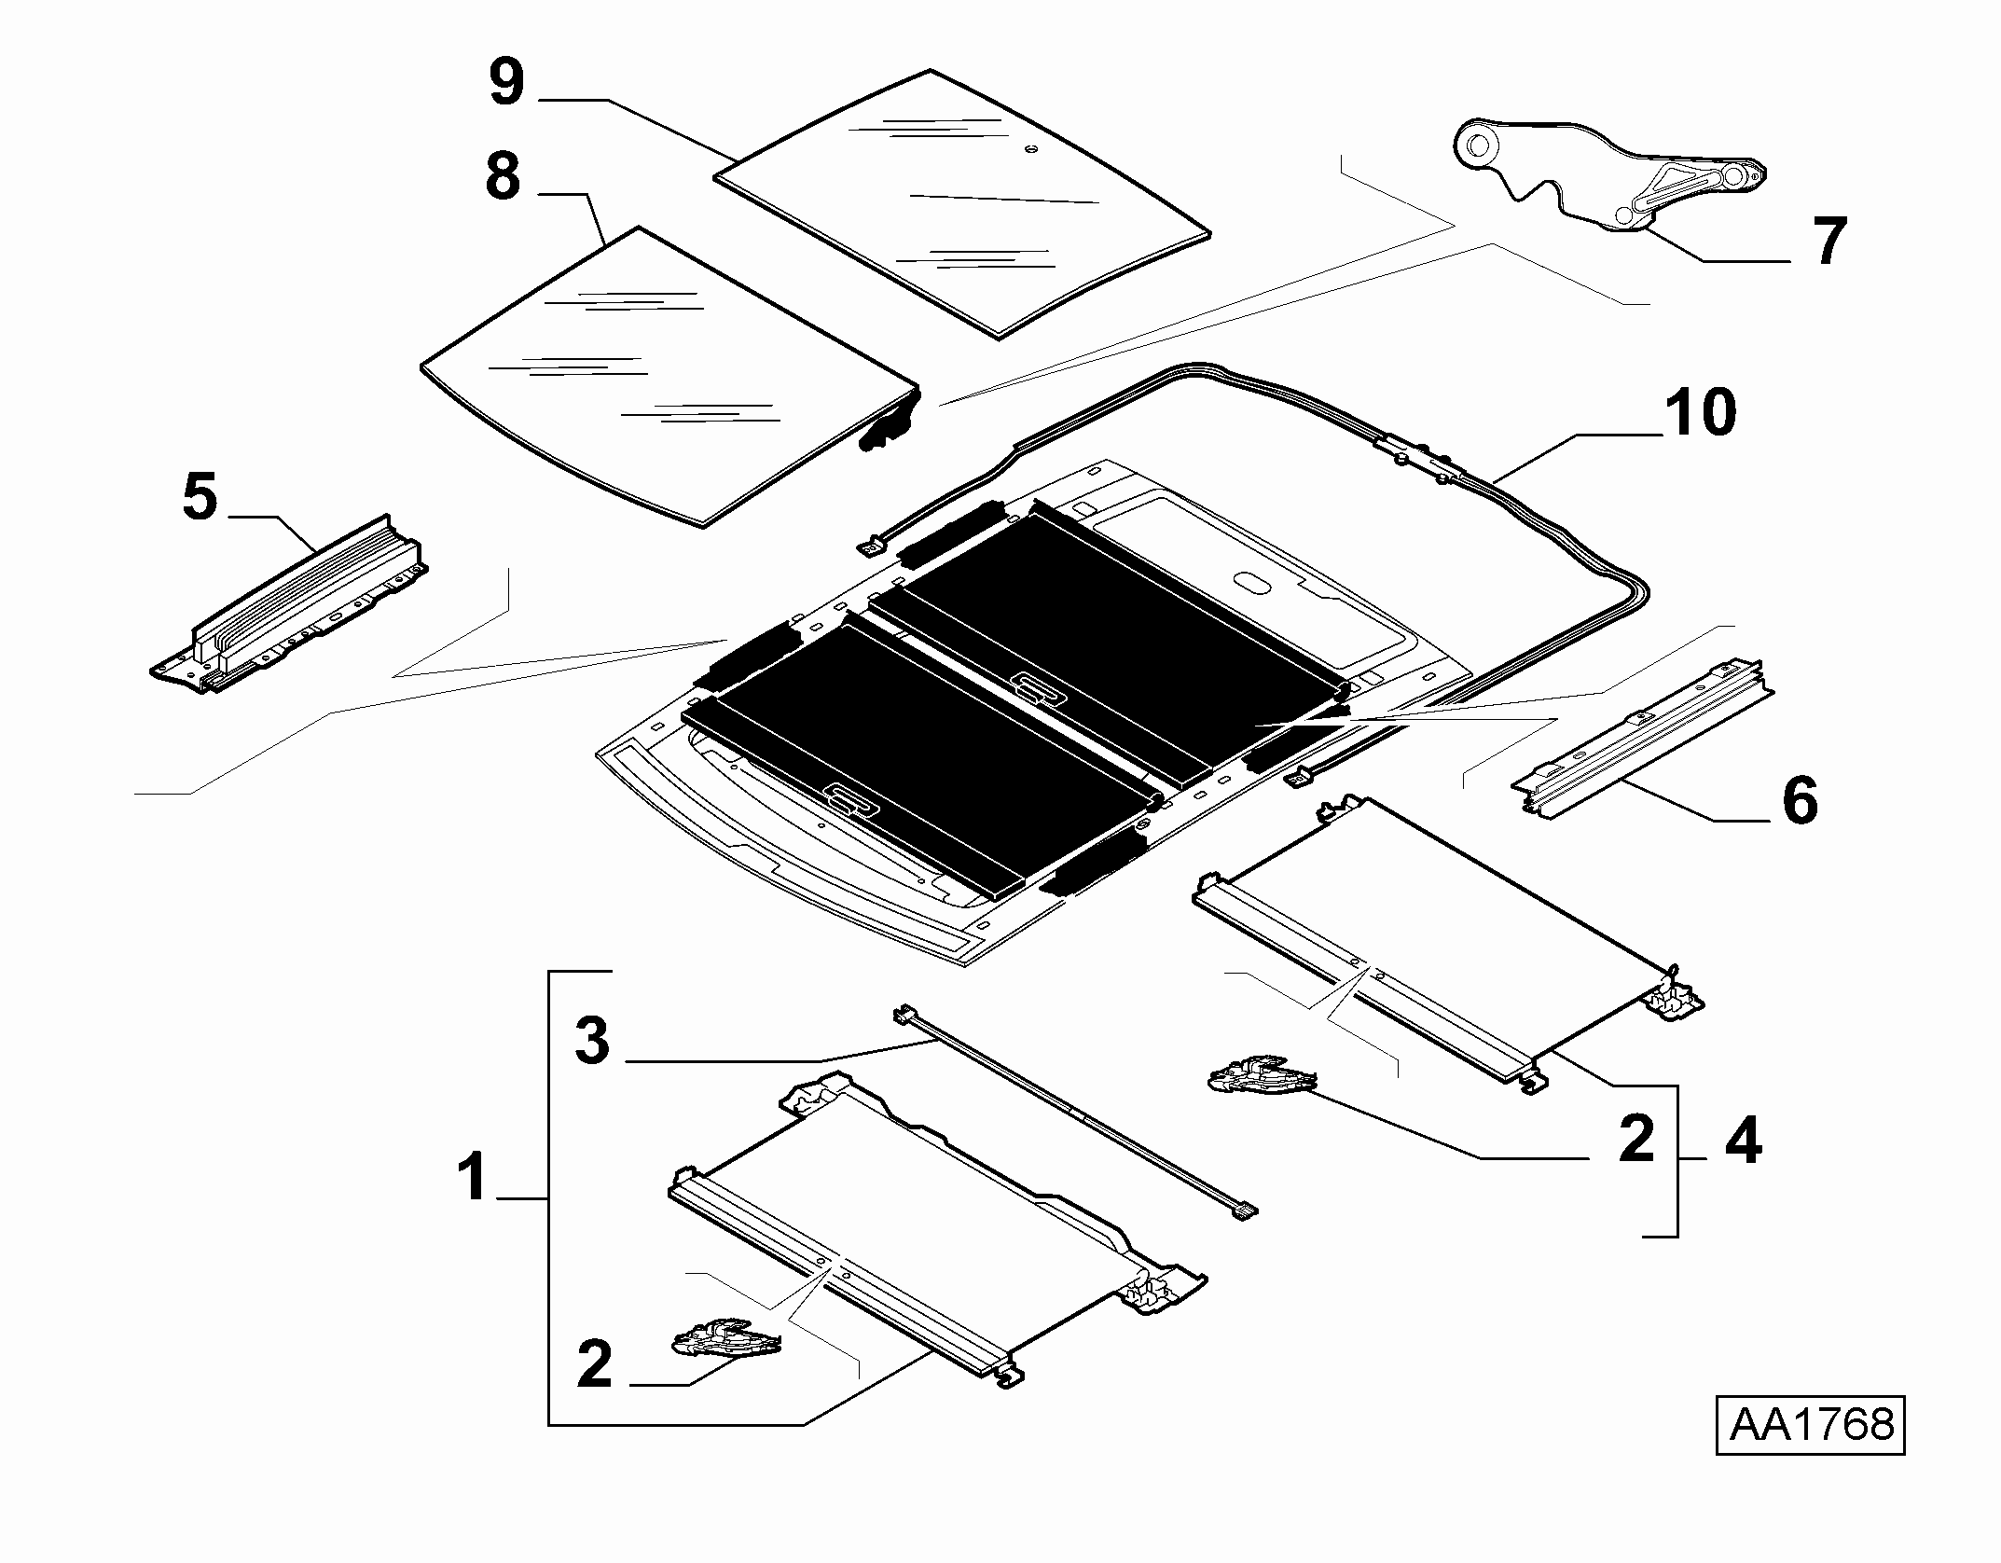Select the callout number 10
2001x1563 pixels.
pyautogui.click(x=1700, y=412)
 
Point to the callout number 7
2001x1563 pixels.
pyautogui.click(x=1828, y=241)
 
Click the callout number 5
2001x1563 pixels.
pyautogui.click(x=200, y=496)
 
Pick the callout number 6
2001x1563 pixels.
pyautogui.click(x=1800, y=799)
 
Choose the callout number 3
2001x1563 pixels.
pyautogui.click(x=592, y=1040)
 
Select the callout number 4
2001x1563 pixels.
pyautogui.click(x=1743, y=1140)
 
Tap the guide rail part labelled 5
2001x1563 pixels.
pyautogui.click(x=290, y=605)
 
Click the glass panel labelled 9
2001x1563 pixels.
pyautogui.click(x=962, y=203)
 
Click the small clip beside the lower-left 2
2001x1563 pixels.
pyautogui.click(x=726, y=1338)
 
